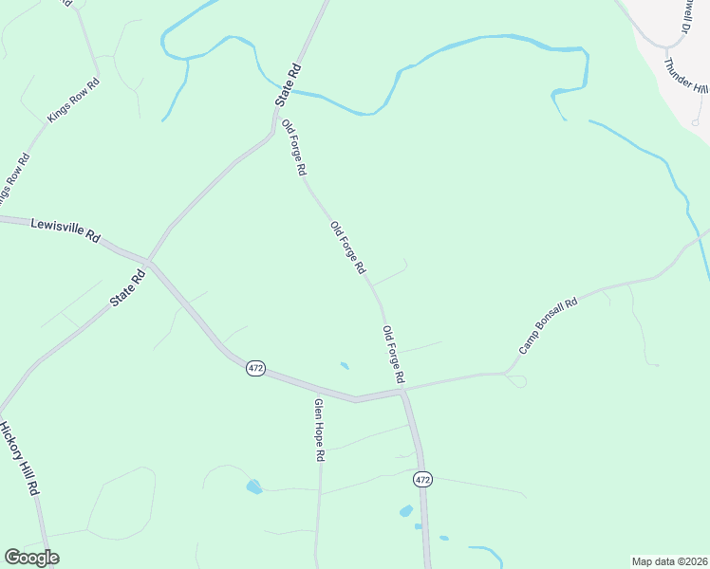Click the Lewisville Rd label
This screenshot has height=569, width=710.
[65, 230]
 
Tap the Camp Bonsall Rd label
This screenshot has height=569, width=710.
[549, 328]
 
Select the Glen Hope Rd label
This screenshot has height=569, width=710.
[320, 430]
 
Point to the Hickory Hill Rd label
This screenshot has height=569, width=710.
[20, 458]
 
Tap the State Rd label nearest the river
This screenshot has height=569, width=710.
[288, 83]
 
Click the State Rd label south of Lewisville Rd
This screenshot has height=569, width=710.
[127, 287]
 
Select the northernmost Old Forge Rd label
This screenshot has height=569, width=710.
[294, 147]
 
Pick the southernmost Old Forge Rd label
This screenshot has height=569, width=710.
[394, 355]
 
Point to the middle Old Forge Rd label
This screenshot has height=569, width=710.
[347, 248]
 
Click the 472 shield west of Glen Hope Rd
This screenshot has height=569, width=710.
[254, 368]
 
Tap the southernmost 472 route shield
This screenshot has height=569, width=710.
[423, 481]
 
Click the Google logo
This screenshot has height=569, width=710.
[31, 558]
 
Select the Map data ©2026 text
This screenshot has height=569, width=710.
[669, 560]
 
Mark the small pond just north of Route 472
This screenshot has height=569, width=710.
[344, 365]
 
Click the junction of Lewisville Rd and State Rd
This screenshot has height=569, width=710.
[148, 260]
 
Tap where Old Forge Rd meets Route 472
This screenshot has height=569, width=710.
[403, 389]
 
